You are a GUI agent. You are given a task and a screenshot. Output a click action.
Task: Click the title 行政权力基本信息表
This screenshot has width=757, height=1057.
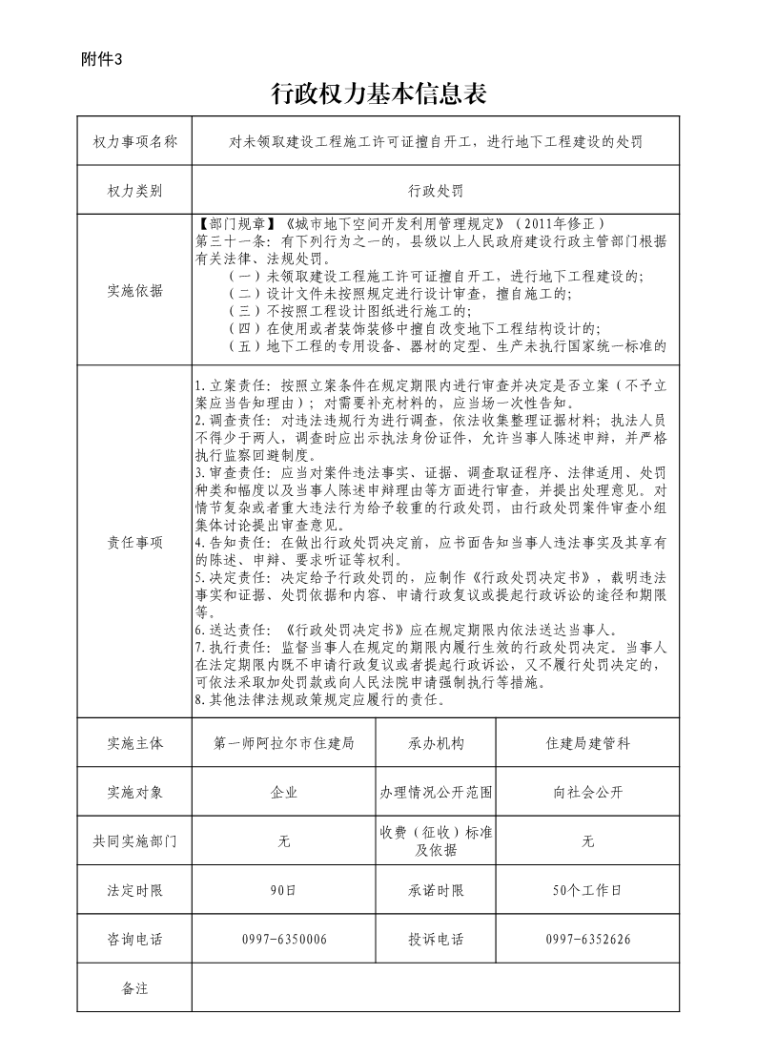[378, 93]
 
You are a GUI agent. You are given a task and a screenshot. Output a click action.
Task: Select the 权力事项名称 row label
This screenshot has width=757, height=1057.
[134, 141]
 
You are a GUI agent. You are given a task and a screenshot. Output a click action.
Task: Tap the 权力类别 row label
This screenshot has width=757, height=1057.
[134, 191]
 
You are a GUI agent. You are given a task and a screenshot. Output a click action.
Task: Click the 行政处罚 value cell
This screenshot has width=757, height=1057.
[436, 191]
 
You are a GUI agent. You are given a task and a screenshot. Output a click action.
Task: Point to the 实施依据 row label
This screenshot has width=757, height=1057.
[134, 291]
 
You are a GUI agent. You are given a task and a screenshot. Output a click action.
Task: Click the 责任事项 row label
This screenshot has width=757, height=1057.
[134, 543]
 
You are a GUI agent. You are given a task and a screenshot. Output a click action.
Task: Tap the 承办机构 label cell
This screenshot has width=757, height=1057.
[436, 743]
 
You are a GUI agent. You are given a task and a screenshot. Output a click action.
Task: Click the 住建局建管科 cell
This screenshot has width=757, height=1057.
[587, 743]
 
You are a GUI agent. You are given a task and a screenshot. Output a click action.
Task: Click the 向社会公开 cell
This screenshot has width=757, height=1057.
[587, 793]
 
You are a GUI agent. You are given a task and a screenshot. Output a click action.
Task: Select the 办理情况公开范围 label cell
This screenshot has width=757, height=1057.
[436, 793]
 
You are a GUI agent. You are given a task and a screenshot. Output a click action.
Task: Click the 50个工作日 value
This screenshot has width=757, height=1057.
[587, 891]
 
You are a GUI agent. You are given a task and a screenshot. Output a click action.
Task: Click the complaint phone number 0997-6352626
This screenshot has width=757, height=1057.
[587, 941]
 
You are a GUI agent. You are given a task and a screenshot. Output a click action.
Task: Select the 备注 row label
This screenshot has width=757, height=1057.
[134, 989]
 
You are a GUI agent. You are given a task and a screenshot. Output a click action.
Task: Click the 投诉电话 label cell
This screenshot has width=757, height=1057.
[436, 941]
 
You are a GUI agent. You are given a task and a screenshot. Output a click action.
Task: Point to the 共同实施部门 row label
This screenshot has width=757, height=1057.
[134, 841]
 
